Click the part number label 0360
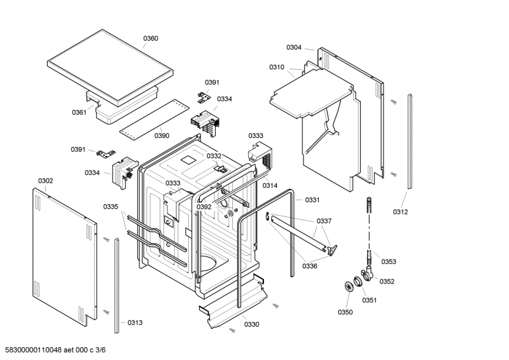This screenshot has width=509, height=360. [x=151, y=39]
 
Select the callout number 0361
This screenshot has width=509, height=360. [x=79, y=113]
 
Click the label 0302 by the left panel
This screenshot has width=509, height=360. [x=45, y=181]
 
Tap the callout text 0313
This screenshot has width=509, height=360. [x=135, y=322]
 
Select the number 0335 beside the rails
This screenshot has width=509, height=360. [x=111, y=206]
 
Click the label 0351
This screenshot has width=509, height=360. [x=369, y=300]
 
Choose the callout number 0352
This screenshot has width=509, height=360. [x=387, y=281]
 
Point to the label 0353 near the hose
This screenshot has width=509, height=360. [x=389, y=261]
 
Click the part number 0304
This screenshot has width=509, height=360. [x=294, y=47]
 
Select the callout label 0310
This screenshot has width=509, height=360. [x=277, y=67]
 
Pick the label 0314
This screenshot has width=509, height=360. [x=270, y=185]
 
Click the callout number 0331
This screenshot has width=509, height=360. [x=312, y=200]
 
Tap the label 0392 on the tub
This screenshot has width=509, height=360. [x=204, y=207]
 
